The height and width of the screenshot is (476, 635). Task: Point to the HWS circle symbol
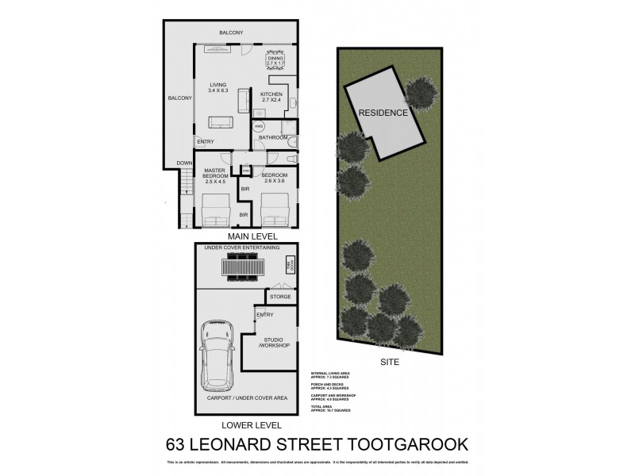coord(259,126)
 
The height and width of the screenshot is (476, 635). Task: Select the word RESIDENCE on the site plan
coord(383,113)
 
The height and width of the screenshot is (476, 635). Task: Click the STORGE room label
coord(280,297)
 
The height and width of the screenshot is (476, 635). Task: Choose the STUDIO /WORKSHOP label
coord(274,343)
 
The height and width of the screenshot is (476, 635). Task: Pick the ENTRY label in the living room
coord(206,142)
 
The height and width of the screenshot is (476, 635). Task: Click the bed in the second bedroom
coord(274,212)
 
